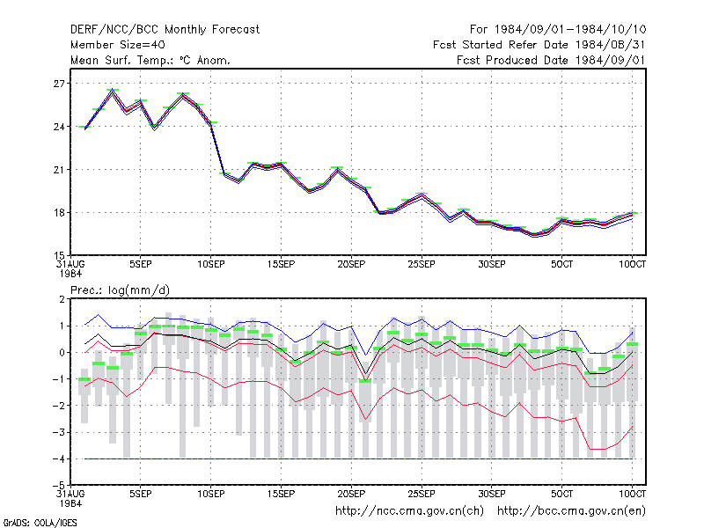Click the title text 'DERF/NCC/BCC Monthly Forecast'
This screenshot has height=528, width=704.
[165, 30]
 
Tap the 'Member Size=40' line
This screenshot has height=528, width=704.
[118, 45]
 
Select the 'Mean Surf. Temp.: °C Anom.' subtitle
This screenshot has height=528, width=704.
[150, 60]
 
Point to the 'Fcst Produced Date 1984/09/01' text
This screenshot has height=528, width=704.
[551, 60]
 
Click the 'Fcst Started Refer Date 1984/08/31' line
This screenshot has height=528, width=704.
[539, 45]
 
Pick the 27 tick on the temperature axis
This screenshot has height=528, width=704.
[59, 84]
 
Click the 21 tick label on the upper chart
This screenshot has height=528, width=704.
[59, 170]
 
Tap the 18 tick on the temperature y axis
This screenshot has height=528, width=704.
[59, 213]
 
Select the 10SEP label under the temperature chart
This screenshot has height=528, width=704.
[211, 264]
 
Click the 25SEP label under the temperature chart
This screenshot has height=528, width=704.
[422, 264]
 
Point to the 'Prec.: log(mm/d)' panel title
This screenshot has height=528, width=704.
[120, 290]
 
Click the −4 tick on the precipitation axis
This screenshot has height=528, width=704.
[58, 458]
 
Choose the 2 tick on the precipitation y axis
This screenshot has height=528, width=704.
[62, 299]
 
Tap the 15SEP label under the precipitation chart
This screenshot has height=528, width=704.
[281, 494]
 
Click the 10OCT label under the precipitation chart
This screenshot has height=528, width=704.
[632, 494]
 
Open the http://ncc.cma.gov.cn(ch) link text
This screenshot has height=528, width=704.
[409, 511]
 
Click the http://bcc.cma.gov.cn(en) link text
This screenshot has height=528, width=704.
[571, 511]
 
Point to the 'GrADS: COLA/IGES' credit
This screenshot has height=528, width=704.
[40, 523]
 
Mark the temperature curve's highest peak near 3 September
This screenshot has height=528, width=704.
[113, 91]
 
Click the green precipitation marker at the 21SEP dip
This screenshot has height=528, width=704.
[365, 381]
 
